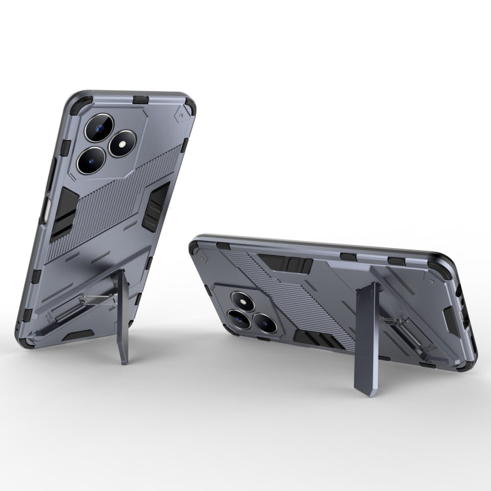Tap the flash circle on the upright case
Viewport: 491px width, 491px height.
click(x=122, y=143)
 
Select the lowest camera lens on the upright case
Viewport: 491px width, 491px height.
click(x=91, y=159)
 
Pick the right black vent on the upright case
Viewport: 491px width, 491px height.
click(x=156, y=206)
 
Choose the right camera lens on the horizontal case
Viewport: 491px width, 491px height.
click(x=266, y=321)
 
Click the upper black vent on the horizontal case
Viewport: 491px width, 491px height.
click(x=287, y=263)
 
